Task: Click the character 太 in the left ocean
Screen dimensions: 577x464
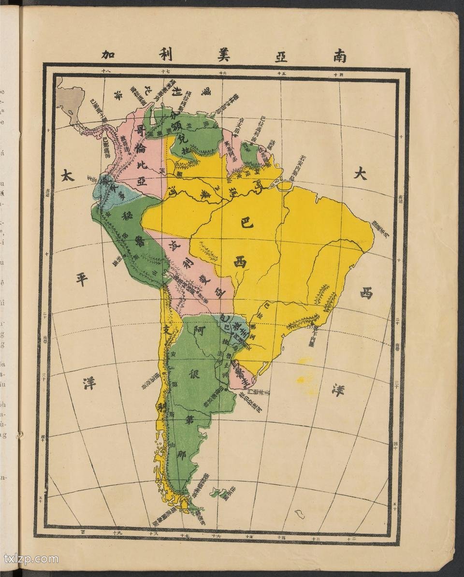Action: [x=68, y=176]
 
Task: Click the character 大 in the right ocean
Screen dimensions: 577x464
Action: [x=360, y=173]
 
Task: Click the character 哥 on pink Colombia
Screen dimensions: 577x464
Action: [x=141, y=130]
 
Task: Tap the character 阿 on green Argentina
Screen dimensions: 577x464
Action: [x=197, y=331]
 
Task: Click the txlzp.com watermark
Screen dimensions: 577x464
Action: [x=31, y=559]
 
